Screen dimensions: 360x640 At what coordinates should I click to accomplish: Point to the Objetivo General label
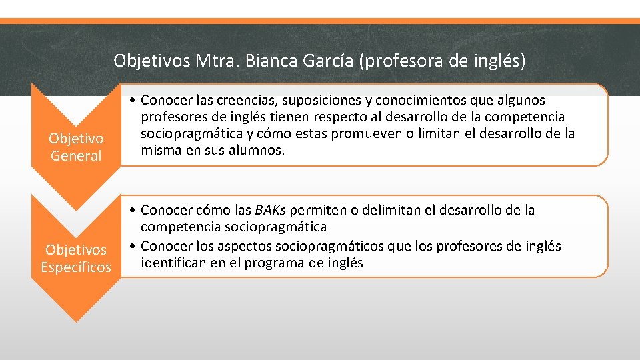coord(76,147)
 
